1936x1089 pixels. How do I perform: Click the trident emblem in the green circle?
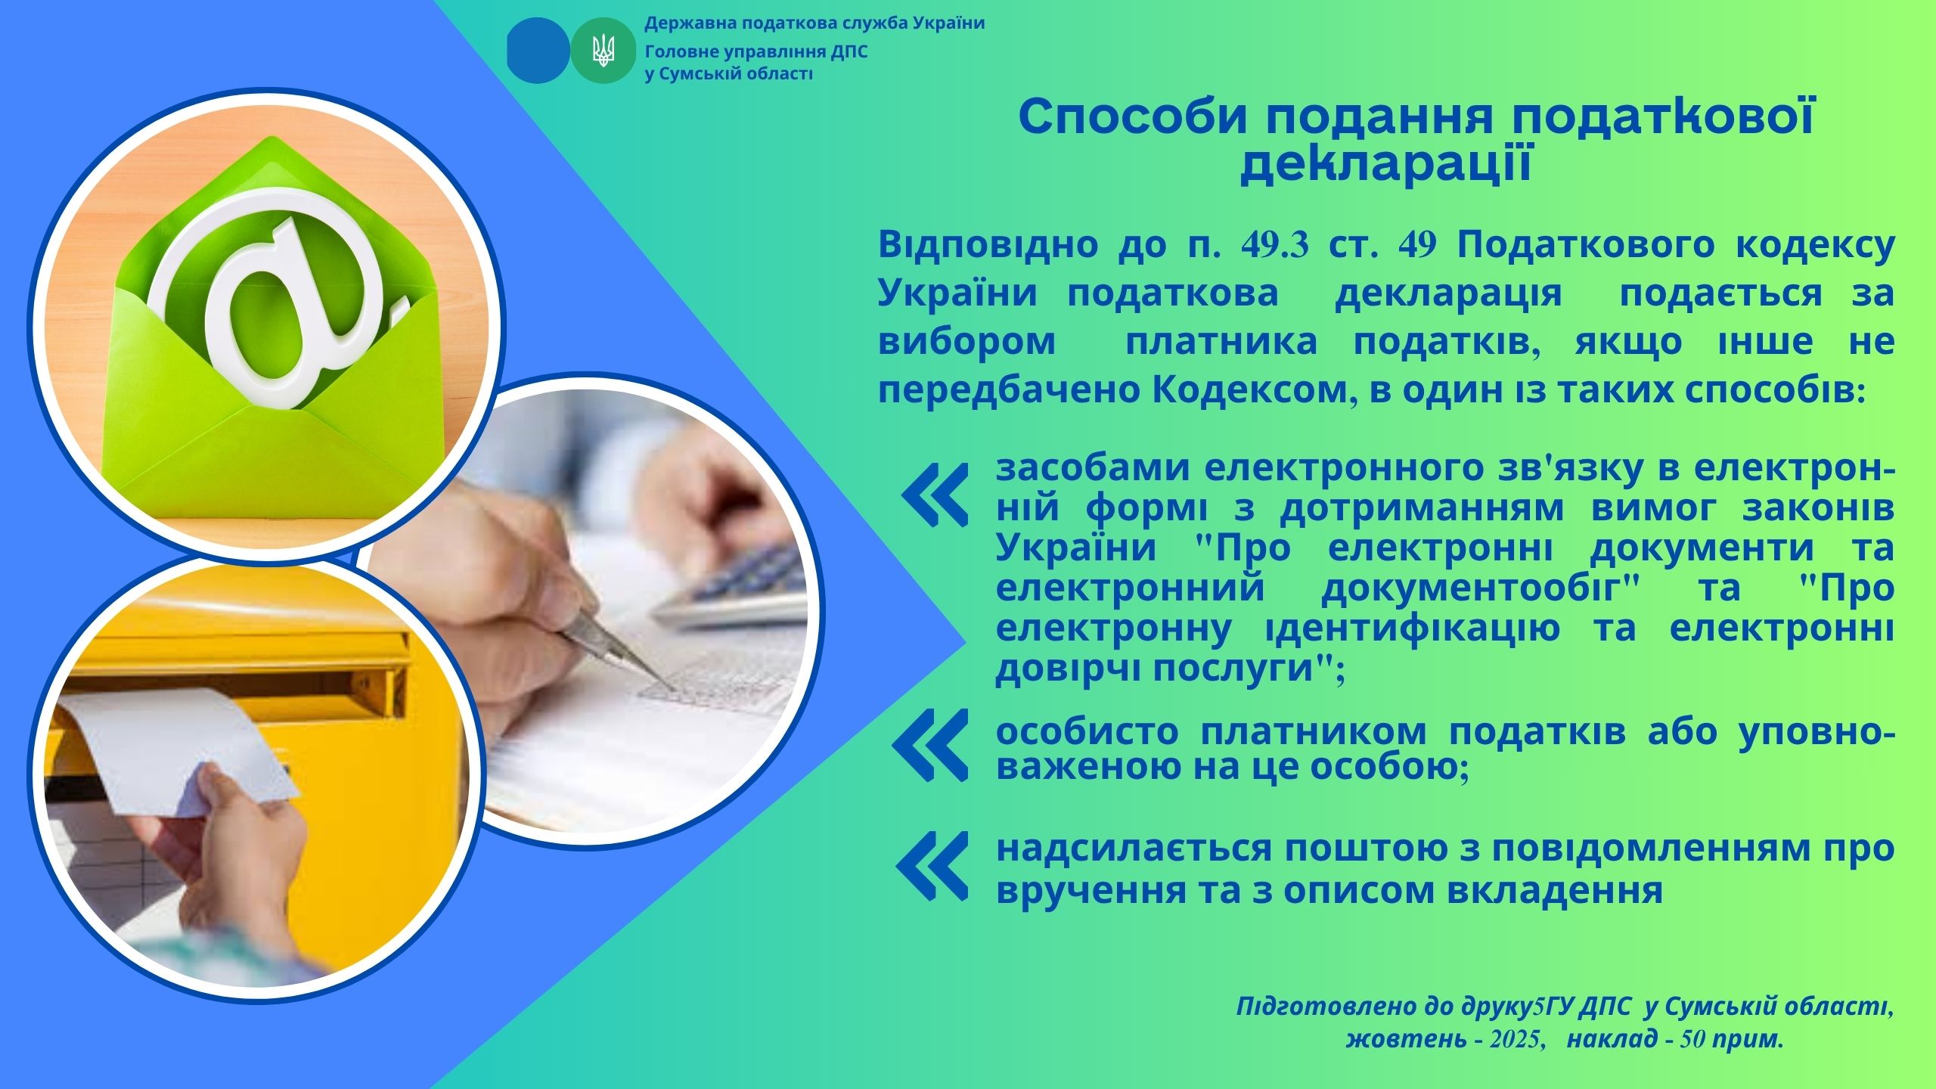(603, 51)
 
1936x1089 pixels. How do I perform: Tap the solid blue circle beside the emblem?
(538, 51)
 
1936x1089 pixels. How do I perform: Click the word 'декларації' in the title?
(1385, 166)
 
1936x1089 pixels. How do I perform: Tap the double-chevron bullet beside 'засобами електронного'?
(935, 495)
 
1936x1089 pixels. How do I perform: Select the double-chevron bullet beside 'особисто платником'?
(930, 746)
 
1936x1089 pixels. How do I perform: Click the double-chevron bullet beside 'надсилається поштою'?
(932, 866)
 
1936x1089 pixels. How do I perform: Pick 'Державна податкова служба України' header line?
(814, 23)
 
